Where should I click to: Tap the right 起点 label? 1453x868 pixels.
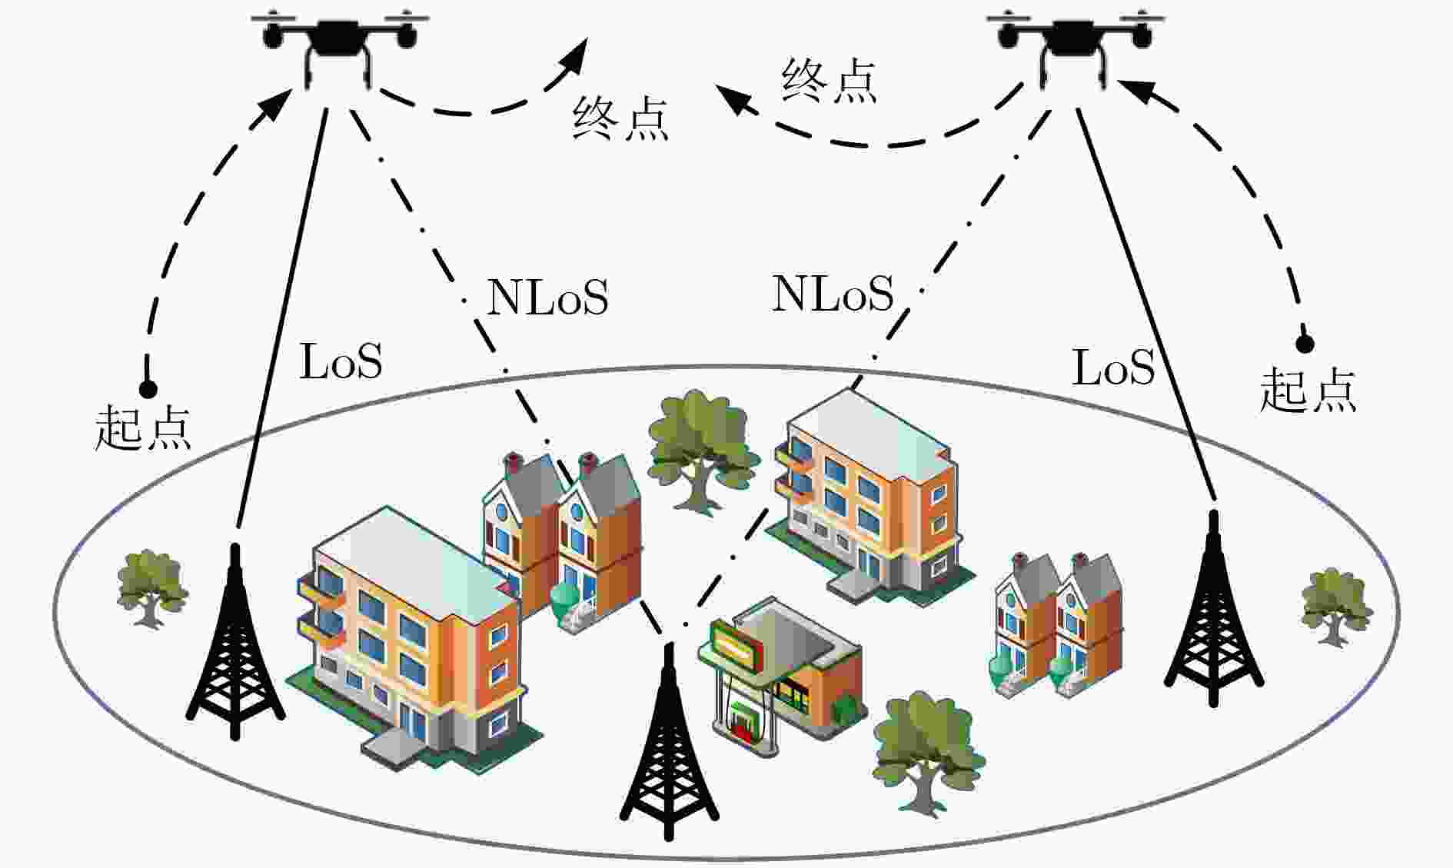(x=1308, y=389)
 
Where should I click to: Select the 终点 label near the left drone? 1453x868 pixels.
(x=620, y=119)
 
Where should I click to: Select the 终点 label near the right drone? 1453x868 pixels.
(x=829, y=81)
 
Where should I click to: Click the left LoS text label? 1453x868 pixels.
(x=341, y=361)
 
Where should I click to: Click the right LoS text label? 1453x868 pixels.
(x=1113, y=367)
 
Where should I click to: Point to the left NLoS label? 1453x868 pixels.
(x=547, y=297)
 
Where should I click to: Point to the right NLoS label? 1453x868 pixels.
(x=833, y=293)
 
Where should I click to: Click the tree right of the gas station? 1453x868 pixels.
(x=929, y=750)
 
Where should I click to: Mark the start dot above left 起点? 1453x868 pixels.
(x=148, y=389)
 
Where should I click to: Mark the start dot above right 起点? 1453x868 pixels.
(x=1305, y=344)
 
